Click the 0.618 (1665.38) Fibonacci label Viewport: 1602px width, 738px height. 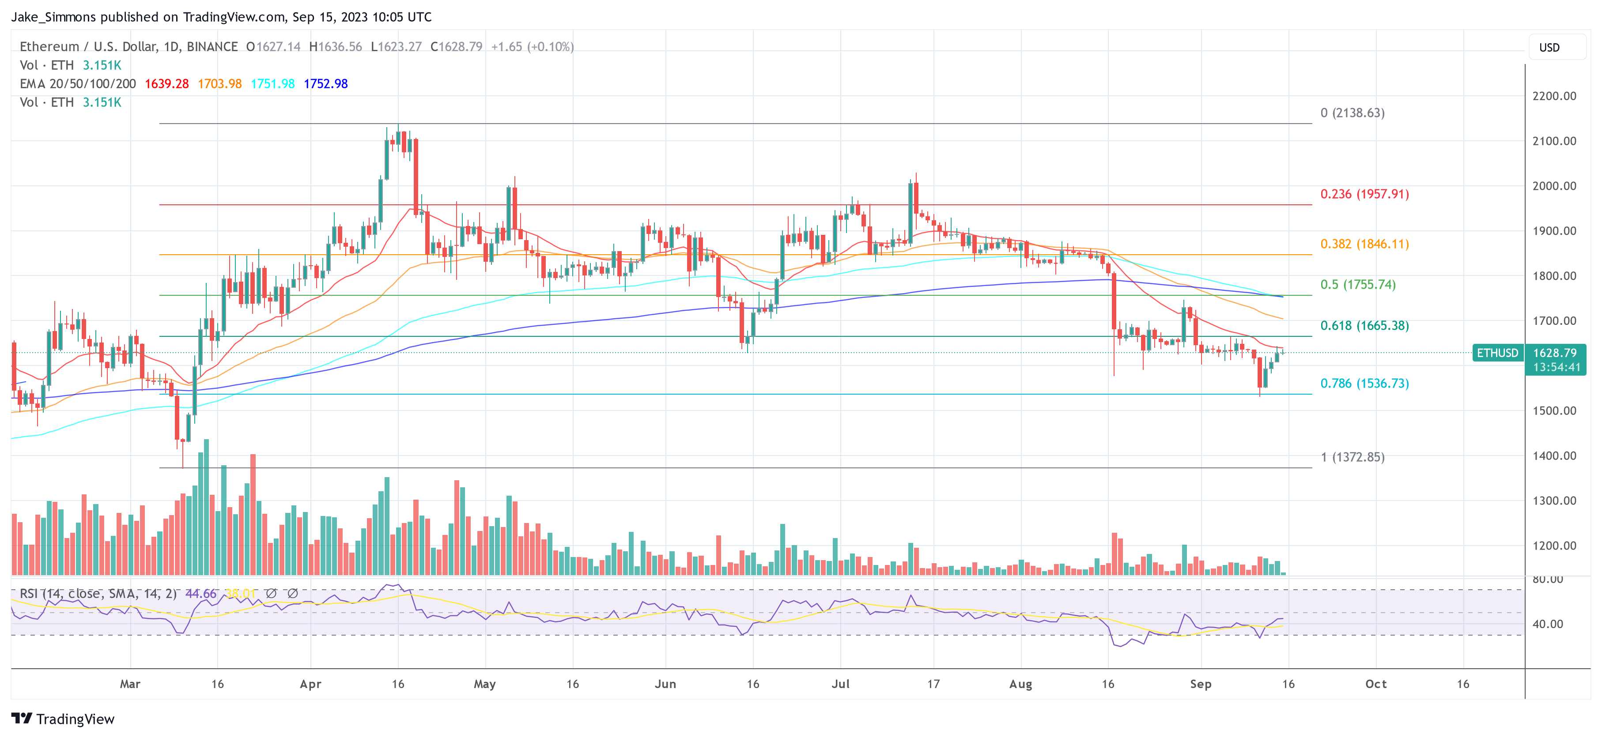point(1364,326)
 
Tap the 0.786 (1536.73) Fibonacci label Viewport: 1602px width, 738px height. point(1364,384)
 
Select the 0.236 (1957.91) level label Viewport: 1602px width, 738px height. point(1364,194)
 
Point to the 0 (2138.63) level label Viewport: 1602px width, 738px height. point(1352,113)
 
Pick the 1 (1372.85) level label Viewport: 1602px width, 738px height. point(1352,457)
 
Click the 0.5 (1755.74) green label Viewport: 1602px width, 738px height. point(1358,285)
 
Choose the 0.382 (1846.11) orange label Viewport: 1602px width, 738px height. point(1364,244)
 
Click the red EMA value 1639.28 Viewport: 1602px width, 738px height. point(166,84)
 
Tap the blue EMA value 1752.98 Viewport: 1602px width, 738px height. point(325,84)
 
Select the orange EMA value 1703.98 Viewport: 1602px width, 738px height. point(219,84)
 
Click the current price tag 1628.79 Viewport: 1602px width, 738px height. point(1555,353)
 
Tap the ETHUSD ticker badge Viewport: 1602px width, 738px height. point(1497,353)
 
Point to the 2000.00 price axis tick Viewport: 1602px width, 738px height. point(1554,186)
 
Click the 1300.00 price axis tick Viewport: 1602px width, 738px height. point(1554,501)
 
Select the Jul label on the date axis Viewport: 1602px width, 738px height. point(840,684)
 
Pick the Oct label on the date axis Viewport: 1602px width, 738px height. point(1375,684)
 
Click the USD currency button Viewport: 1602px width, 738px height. point(1549,48)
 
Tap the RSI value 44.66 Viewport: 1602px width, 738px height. point(201,594)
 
